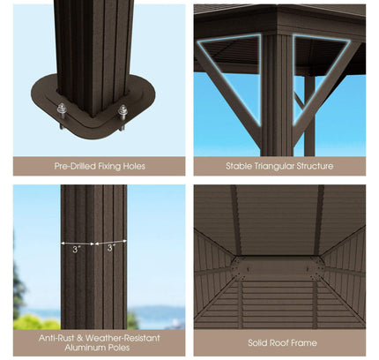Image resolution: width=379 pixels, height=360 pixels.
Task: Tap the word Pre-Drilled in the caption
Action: click(x=75, y=166)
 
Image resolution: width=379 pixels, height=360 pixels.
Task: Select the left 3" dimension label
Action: click(x=78, y=250)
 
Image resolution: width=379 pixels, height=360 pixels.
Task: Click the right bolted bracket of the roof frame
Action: click(x=316, y=264)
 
